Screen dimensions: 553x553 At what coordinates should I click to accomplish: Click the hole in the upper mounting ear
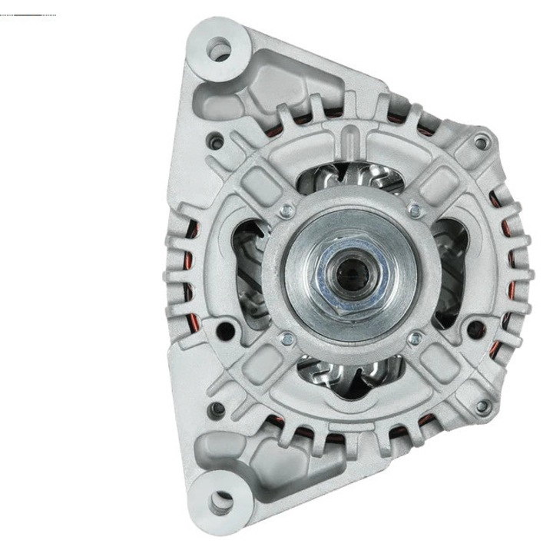(221, 51)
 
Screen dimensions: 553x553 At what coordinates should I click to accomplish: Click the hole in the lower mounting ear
(221, 502)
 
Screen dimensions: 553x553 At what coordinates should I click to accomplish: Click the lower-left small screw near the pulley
(286, 338)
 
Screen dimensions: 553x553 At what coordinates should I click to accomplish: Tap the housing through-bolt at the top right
(481, 143)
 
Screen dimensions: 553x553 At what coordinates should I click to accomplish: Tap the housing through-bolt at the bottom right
(482, 406)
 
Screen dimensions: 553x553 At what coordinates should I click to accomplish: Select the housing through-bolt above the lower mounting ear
(218, 408)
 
